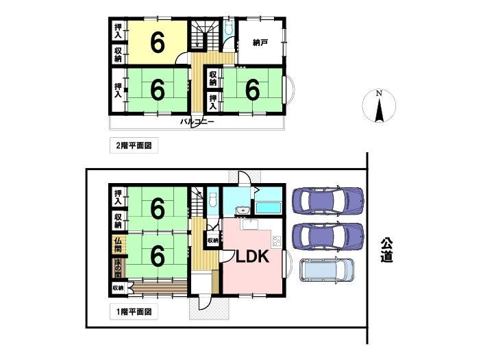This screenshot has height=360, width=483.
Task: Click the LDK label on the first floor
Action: click(252, 256)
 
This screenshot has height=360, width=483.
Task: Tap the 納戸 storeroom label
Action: click(260, 43)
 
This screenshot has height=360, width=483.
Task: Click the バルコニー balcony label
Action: click(197, 122)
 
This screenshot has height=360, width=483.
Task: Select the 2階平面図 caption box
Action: click(134, 145)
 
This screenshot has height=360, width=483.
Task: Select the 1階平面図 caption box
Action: click(134, 311)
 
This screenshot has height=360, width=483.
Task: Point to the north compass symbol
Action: click(379, 106)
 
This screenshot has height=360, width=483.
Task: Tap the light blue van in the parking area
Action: click(327, 270)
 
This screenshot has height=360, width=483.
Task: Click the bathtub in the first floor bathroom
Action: click(269, 208)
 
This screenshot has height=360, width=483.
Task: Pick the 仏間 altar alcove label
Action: click(118, 245)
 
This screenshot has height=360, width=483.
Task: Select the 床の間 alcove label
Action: click(118, 269)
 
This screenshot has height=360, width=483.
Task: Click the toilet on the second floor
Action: click(228, 28)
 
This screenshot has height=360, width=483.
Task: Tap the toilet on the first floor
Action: click(212, 201)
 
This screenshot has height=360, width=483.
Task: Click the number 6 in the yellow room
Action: click(158, 43)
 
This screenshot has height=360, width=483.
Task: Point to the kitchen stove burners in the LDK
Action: click(276, 241)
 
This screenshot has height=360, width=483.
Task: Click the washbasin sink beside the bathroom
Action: click(243, 211)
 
